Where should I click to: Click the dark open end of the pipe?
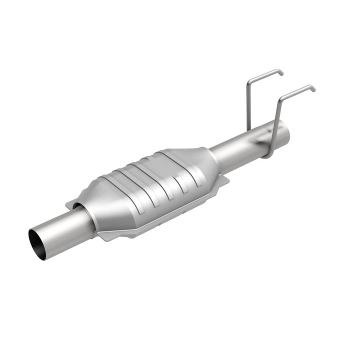pyautogui.click(x=37, y=244)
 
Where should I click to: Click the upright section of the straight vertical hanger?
pyautogui.click(x=247, y=105)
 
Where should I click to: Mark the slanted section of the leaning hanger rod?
pyautogui.click(x=276, y=120)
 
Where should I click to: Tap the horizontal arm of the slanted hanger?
pyautogui.click(x=297, y=91)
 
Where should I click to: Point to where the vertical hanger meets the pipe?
pyautogui.click(x=247, y=128)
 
